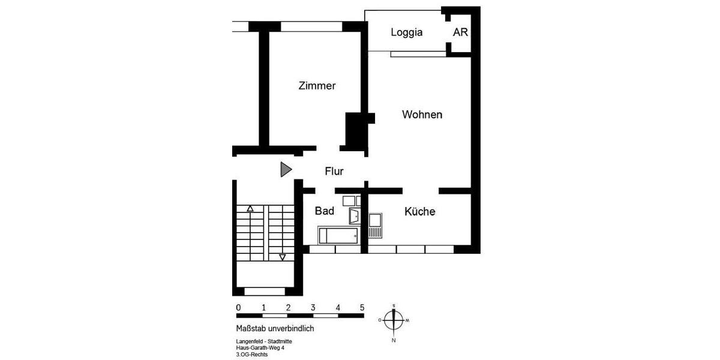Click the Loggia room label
pyautogui.click(x=406, y=32)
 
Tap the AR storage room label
pyautogui.click(x=460, y=32)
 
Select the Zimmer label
pyautogui.click(x=317, y=86)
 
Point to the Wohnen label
pyautogui.click(x=422, y=115)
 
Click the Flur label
pyautogui.click(x=334, y=172)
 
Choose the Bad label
pyautogui.click(x=324, y=211)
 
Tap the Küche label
pyautogui.click(x=419, y=212)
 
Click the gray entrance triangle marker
pyautogui.click(x=286, y=170)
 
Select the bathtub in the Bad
pyautogui.click(x=338, y=235)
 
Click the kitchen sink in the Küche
pyautogui.click(x=375, y=226)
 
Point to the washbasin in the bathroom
pyautogui.click(x=354, y=215)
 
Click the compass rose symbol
pyautogui.click(x=394, y=320)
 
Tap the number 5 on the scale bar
pyautogui.click(x=362, y=308)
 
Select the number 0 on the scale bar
pyautogui.click(x=238, y=308)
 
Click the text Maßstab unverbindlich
pyautogui.click(x=275, y=329)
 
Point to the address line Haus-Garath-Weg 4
pyautogui.click(x=260, y=348)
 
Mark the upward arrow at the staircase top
pyautogui.click(x=250, y=209)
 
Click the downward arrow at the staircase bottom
pyautogui.click(x=282, y=257)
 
